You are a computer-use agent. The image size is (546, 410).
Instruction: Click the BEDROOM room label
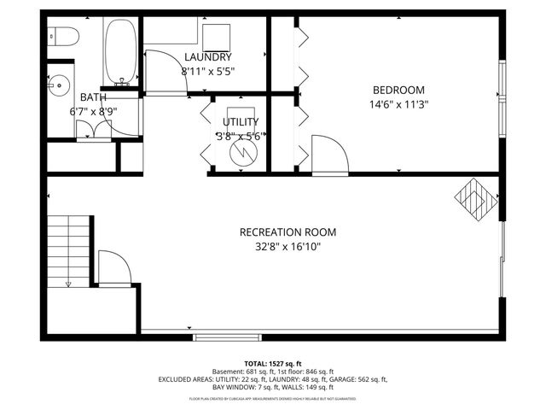click(x=399, y=90)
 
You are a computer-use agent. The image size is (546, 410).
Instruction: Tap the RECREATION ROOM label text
click(x=288, y=232)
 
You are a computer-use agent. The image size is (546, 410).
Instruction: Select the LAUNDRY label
click(x=207, y=57)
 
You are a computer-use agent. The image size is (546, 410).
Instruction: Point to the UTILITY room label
click(x=241, y=122)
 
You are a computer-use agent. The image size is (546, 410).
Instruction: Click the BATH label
click(x=93, y=97)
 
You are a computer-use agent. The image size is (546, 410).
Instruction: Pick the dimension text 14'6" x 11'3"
click(x=399, y=105)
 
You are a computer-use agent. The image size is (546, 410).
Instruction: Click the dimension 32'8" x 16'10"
click(x=288, y=247)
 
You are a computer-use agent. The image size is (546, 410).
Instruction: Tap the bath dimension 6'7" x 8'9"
click(x=93, y=111)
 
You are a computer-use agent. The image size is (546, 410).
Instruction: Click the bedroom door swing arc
click(x=329, y=154)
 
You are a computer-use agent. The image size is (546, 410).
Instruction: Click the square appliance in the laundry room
click(x=218, y=38)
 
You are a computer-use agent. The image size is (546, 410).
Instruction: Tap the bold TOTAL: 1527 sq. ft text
click(x=273, y=364)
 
